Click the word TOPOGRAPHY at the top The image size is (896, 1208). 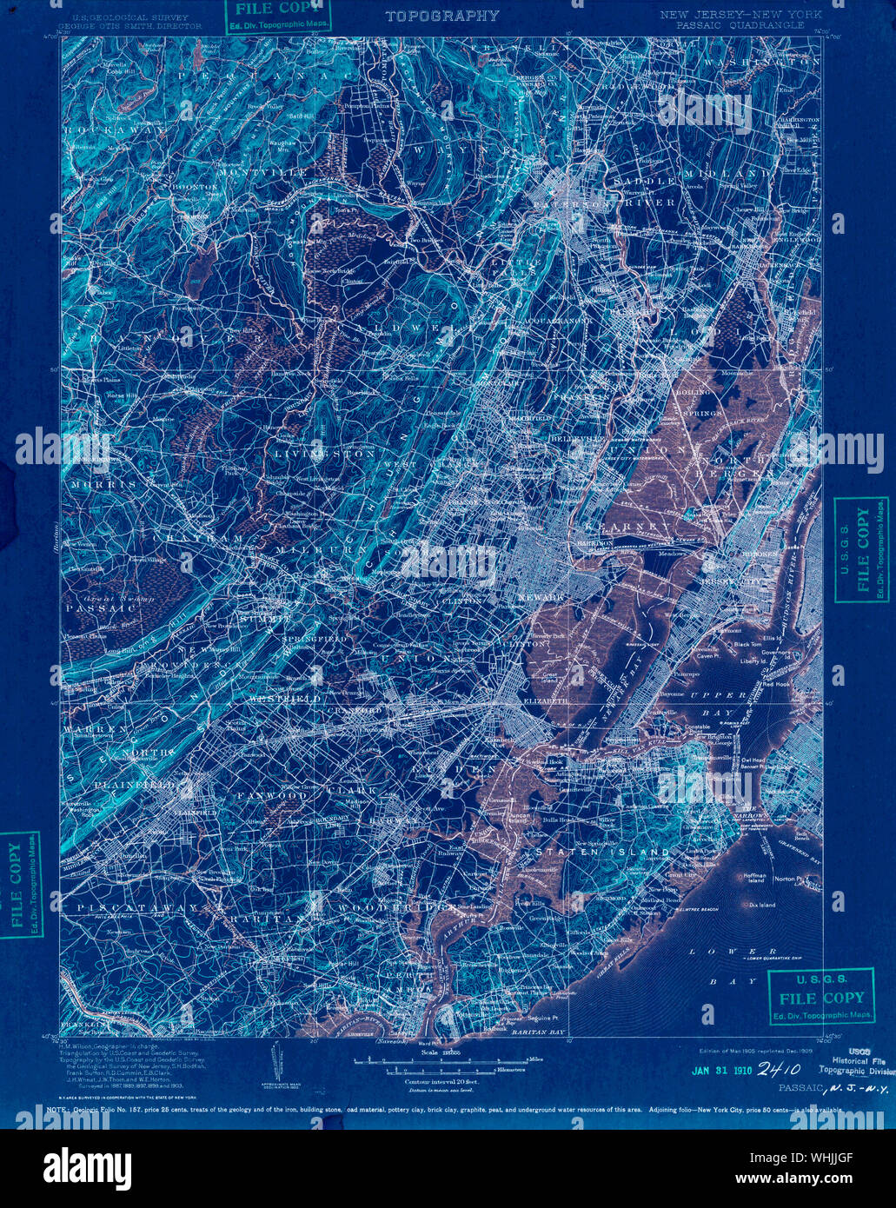point(441,16)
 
